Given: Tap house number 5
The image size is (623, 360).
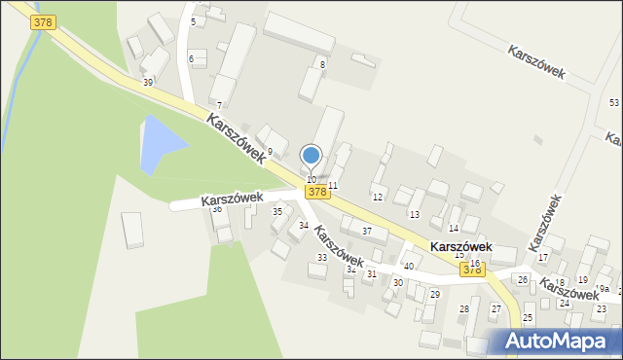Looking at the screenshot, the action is pos(193,21).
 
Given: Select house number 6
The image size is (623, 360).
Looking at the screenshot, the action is pos(191,59).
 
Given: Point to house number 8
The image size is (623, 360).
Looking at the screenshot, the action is pos(322,64).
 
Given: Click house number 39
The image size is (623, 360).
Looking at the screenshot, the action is pos(147,83).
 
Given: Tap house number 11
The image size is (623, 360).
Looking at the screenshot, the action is pos(332,185).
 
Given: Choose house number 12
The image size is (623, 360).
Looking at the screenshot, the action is pos(378,197).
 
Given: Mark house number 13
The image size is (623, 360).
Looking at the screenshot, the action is pos(414,214).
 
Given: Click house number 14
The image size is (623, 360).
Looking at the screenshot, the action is pos(453,228).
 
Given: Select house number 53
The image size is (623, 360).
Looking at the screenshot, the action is pos(613,102).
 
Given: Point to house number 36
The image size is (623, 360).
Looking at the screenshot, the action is pos(217,208).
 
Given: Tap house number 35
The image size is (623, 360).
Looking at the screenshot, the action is pos(276,211).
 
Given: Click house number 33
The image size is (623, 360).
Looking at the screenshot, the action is pos(321,257).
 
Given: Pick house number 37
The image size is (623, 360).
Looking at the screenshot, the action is pos(367,231).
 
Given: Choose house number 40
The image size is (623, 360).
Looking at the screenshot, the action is pos(408,266).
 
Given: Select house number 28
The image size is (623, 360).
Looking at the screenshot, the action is pos(463,308).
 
